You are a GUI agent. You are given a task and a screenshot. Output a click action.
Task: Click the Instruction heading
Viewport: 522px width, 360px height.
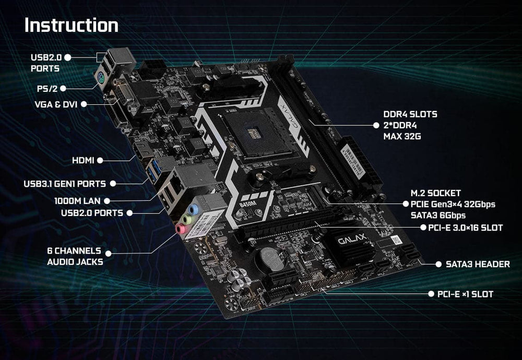(72, 25)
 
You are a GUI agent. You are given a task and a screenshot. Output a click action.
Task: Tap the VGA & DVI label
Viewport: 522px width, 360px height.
(56, 104)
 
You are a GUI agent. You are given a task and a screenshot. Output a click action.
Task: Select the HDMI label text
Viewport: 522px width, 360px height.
(83, 160)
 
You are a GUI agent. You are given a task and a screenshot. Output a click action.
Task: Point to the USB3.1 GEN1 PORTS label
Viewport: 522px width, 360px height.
(65, 184)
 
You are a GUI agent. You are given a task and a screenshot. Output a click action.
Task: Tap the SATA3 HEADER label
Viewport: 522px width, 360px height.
(478, 265)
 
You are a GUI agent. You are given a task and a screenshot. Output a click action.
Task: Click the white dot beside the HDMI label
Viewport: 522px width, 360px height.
(100, 160)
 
